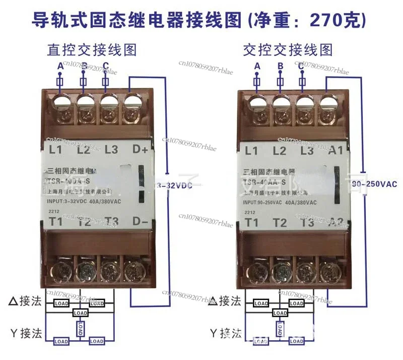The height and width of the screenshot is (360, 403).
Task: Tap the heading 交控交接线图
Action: point(288,50)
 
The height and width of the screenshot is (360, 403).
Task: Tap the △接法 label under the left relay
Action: point(25,302)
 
